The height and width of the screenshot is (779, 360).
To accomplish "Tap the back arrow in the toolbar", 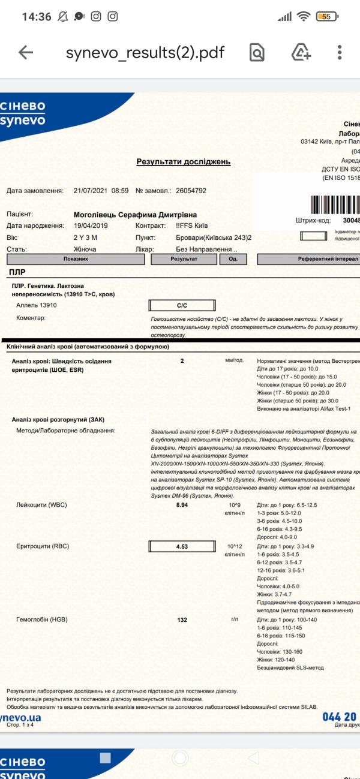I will tap(26, 53).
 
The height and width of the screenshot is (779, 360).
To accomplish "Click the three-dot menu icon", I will tap(340, 53).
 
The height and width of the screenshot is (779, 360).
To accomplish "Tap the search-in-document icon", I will tap(257, 53).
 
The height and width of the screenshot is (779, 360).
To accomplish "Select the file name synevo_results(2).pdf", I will tap(145, 53).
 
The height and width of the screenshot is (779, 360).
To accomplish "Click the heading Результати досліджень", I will tap(183, 162).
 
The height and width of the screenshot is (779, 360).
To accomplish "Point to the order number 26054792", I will tap(191, 191).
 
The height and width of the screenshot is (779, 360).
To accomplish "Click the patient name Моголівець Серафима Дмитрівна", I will tap(135, 215).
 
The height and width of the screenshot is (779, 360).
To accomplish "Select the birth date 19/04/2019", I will tap(92, 226).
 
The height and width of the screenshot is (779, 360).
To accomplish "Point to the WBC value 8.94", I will tap(182, 506).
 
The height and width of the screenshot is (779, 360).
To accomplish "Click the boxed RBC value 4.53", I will tap(182, 546).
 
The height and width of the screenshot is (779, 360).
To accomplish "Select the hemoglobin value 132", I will tap(182, 619).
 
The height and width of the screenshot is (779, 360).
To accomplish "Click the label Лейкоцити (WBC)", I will tap(42, 506).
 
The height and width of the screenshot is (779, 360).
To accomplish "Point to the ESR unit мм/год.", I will tap(234, 361).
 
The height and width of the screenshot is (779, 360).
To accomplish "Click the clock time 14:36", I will tap(36, 17).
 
